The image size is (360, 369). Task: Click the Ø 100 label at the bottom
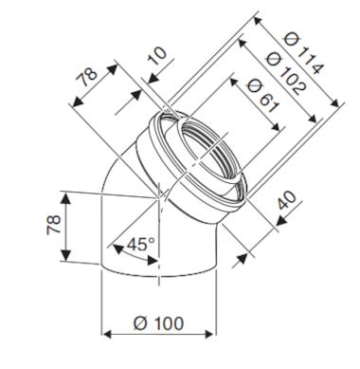(159, 324)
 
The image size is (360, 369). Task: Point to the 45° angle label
(140, 245)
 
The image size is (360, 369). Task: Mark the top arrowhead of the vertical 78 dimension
(65, 195)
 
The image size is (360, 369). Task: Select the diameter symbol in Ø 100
(140, 324)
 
